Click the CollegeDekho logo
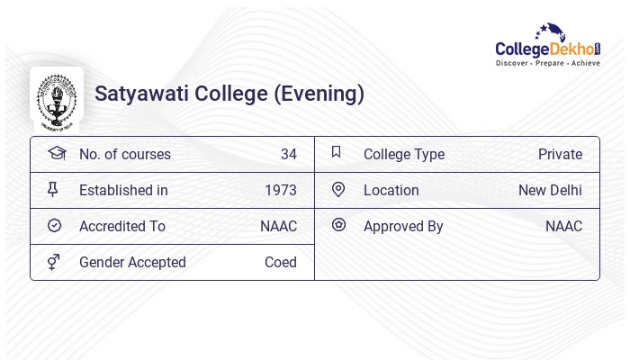(547, 45)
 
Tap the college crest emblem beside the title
(57, 95)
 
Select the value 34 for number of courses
(288, 154)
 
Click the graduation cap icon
(56, 153)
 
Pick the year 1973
(280, 190)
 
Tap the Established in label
(123, 190)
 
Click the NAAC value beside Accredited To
(278, 226)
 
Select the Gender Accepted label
(132, 262)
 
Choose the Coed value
(280, 262)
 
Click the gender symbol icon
(54, 261)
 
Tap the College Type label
(404, 154)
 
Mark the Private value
(560, 154)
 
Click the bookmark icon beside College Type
(337, 152)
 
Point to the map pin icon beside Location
(337, 189)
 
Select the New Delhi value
(550, 190)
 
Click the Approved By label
(403, 226)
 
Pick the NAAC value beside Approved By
(563, 226)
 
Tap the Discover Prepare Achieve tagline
(547, 64)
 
